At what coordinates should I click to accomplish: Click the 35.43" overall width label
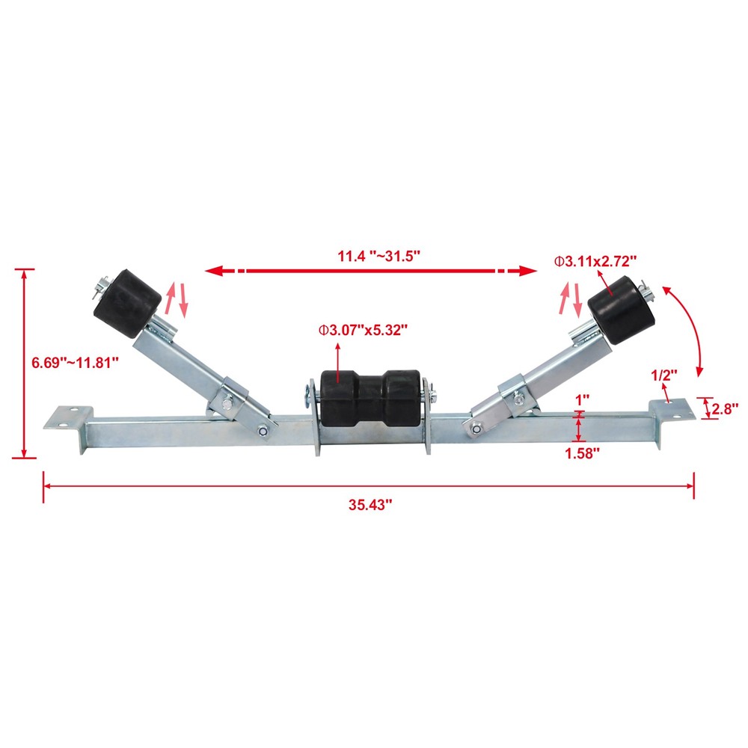pyautogui.click(x=370, y=505)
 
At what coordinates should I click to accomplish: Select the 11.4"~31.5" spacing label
pyautogui.click(x=378, y=256)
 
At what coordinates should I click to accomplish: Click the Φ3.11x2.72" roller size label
pyautogui.click(x=595, y=260)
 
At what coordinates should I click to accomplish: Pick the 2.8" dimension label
pyautogui.click(x=725, y=408)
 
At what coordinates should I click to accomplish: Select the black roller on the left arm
pyautogui.click(x=127, y=297)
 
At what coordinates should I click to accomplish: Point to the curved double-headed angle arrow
pyautogui.click(x=688, y=329)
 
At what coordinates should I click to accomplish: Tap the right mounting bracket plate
pyautogui.click(x=669, y=408)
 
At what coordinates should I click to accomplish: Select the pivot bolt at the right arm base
pyautogui.click(x=476, y=428)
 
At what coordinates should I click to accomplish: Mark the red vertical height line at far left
pyautogui.click(x=25, y=363)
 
